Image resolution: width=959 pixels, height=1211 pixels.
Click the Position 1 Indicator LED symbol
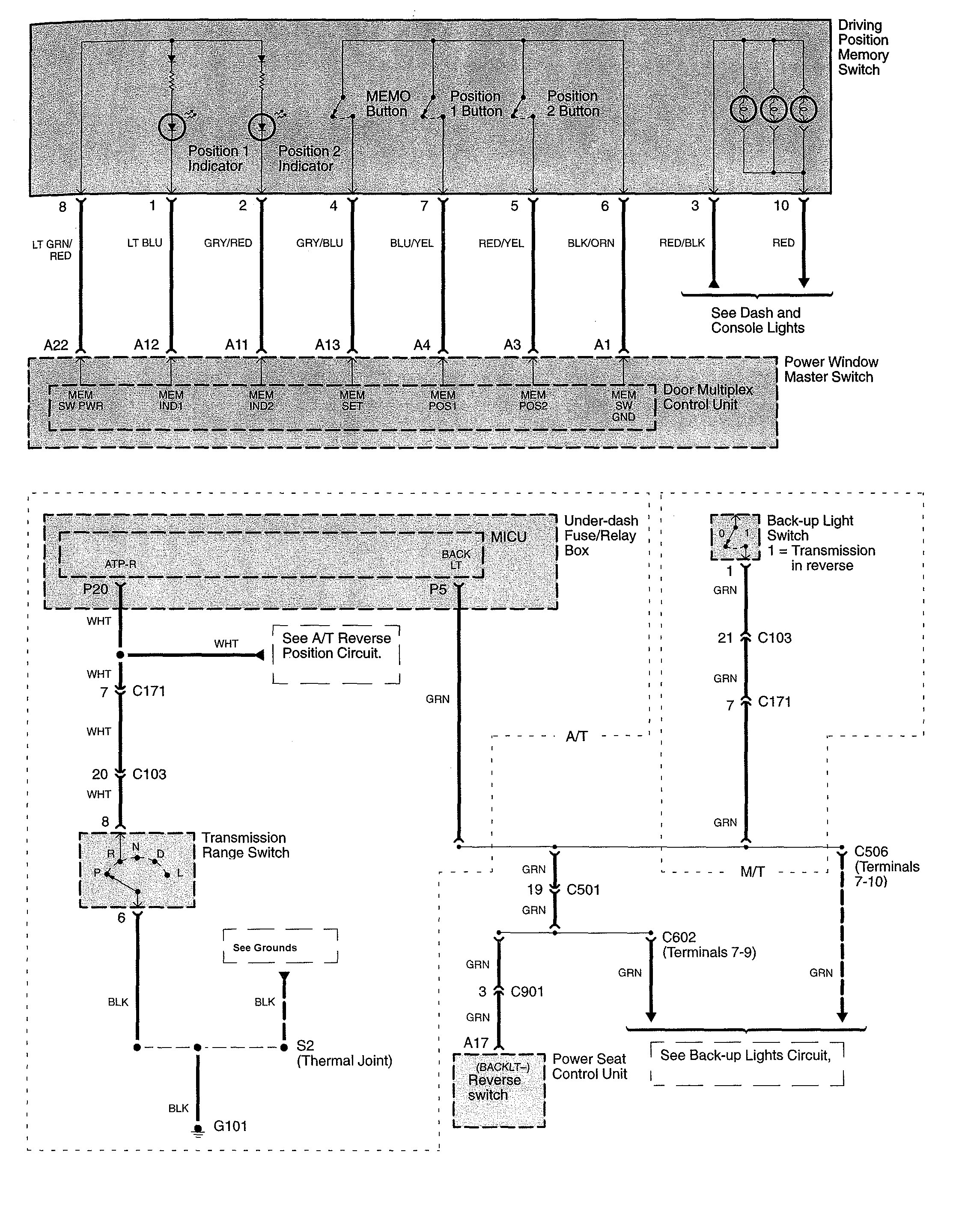(x=171, y=128)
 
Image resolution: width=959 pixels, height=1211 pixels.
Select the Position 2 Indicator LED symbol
(x=261, y=128)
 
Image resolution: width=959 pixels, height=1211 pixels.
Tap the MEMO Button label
(x=387, y=104)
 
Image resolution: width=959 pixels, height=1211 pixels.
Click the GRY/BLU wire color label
(x=319, y=243)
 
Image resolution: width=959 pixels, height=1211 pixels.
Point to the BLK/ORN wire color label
(x=591, y=243)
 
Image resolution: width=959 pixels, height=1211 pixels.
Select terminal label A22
(x=56, y=345)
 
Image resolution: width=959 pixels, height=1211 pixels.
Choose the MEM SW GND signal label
(x=623, y=405)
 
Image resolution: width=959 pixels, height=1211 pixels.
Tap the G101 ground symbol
(x=198, y=1128)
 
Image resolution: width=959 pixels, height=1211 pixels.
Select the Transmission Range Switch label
(x=245, y=845)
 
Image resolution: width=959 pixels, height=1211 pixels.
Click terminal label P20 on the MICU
(x=95, y=589)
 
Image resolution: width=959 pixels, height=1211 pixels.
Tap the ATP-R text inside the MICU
(x=120, y=564)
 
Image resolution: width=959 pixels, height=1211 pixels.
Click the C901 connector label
(x=527, y=991)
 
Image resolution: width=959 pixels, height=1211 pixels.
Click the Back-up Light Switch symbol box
(x=735, y=537)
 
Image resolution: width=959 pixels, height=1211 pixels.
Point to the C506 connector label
(x=871, y=851)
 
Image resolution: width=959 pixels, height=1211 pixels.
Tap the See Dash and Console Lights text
(x=757, y=321)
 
